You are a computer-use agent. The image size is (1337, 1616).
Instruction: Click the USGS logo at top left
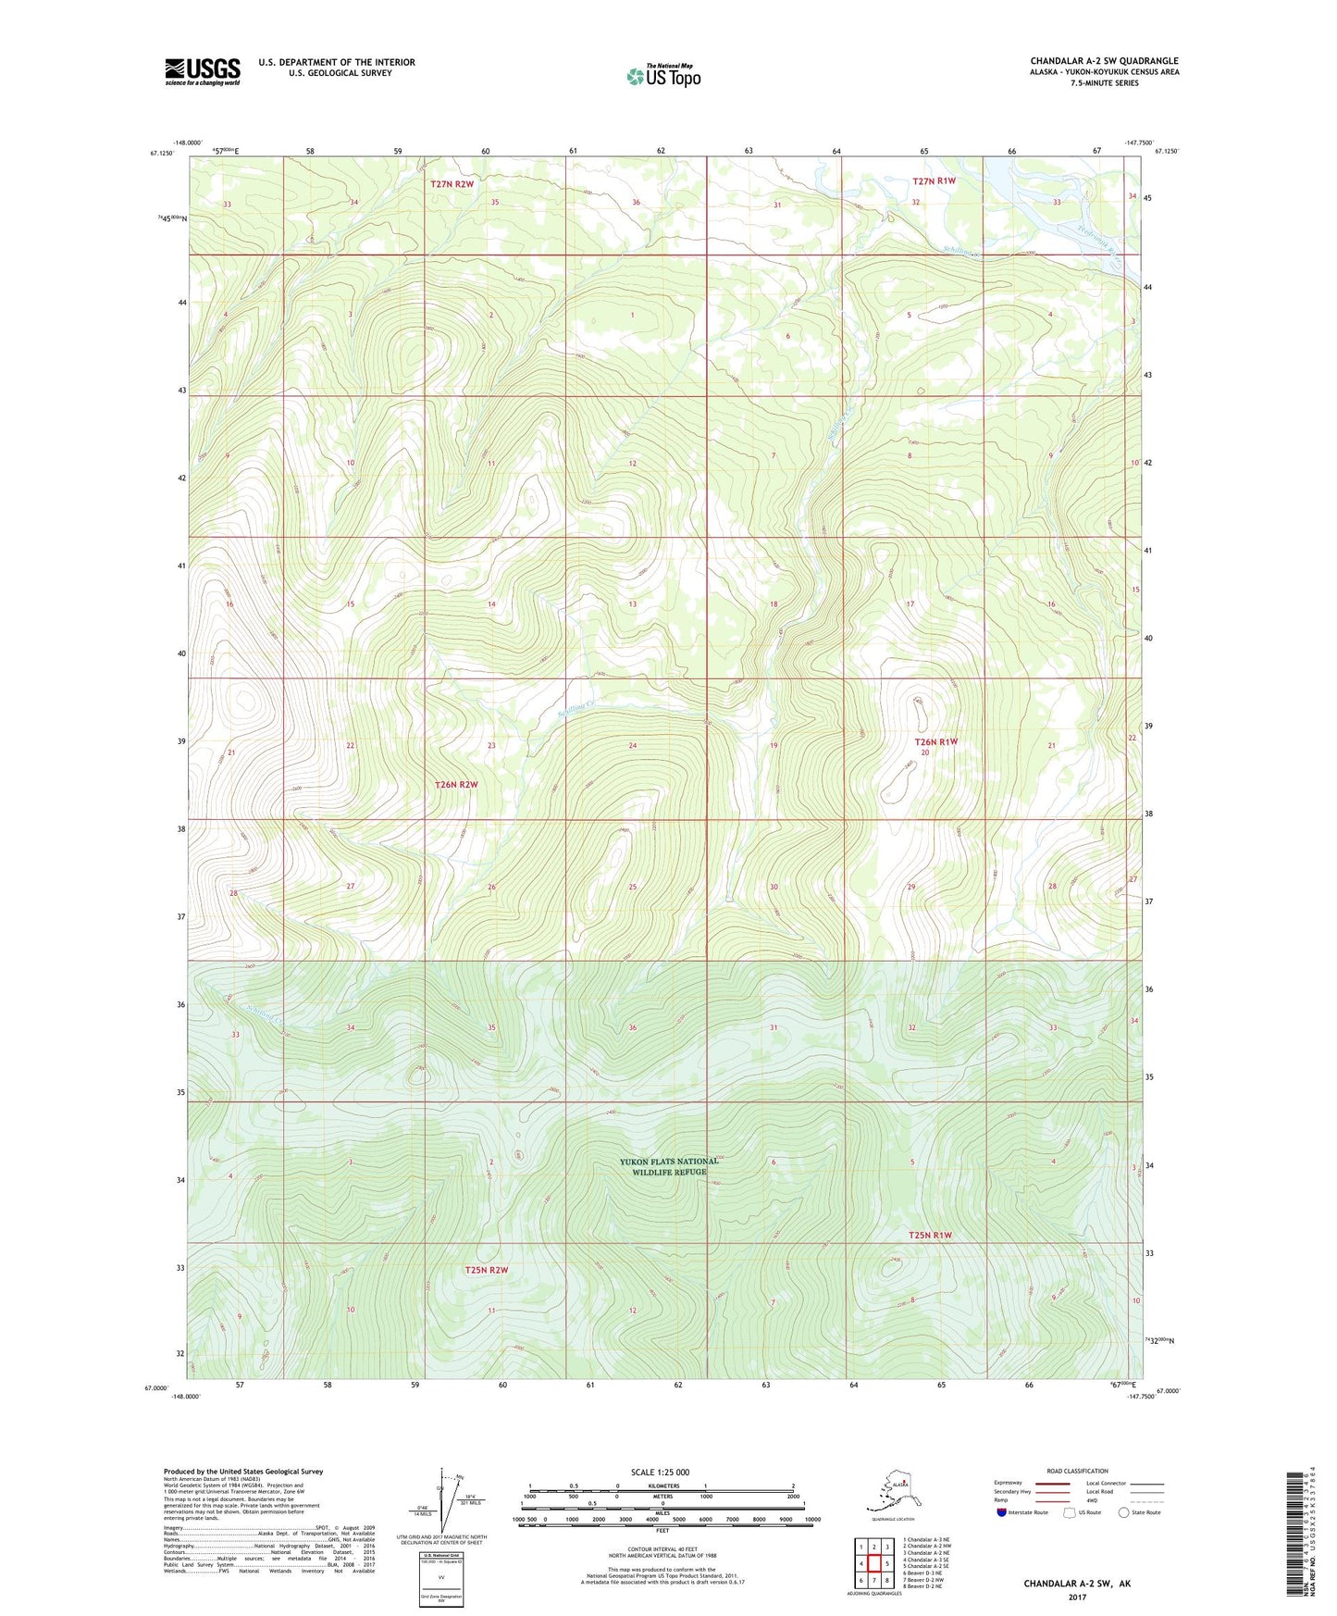(203, 71)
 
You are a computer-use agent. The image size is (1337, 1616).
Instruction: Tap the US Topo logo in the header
(663, 75)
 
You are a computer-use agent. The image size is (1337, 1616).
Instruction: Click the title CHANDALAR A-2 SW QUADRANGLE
(1104, 61)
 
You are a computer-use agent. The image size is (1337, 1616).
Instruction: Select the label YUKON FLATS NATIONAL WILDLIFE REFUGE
(669, 1166)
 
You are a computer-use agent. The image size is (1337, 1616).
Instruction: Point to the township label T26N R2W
(456, 785)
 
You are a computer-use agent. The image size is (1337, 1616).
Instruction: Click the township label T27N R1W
(934, 181)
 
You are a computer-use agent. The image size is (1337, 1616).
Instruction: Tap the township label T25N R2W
(487, 1270)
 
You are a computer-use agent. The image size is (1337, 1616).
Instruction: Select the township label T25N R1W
(930, 1236)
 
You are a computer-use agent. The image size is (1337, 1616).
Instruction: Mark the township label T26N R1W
(935, 742)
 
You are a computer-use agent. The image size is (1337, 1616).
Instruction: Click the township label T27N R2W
(452, 184)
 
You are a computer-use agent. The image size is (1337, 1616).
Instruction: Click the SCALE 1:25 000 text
(660, 1472)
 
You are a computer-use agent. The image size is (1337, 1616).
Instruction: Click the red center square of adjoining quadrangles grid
(873, 1564)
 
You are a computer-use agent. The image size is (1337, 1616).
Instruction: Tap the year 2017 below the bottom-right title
(1077, 1597)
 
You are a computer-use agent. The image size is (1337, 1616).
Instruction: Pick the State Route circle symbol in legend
(1124, 1512)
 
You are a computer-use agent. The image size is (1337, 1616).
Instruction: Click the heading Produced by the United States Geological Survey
(243, 1471)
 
